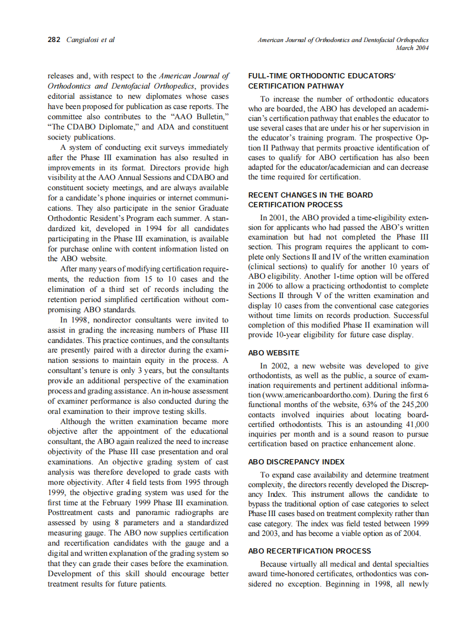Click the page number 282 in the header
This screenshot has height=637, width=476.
pos(54,40)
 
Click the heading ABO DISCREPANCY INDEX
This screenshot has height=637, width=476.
pos(297,462)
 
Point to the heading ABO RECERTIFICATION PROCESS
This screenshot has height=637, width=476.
pos(310,551)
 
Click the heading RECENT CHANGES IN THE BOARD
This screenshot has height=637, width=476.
pos(311,195)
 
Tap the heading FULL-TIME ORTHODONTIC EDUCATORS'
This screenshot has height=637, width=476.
pos(321,76)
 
